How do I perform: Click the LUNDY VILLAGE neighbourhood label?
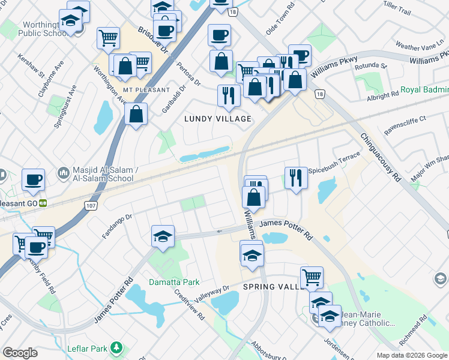click(x=217, y=119)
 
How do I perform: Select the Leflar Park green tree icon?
click(x=118, y=347)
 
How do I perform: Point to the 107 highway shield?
click(x=91, y=206)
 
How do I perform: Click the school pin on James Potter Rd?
click(x=163, y=236)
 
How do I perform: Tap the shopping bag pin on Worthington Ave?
click(x=136, y=113)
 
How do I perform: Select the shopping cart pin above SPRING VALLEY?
click(x=312, y=277)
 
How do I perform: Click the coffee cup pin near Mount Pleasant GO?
click(x=33, y=179)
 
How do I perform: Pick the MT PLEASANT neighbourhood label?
click(x=135, y=90)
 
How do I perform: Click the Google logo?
click(x=20, y=352)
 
